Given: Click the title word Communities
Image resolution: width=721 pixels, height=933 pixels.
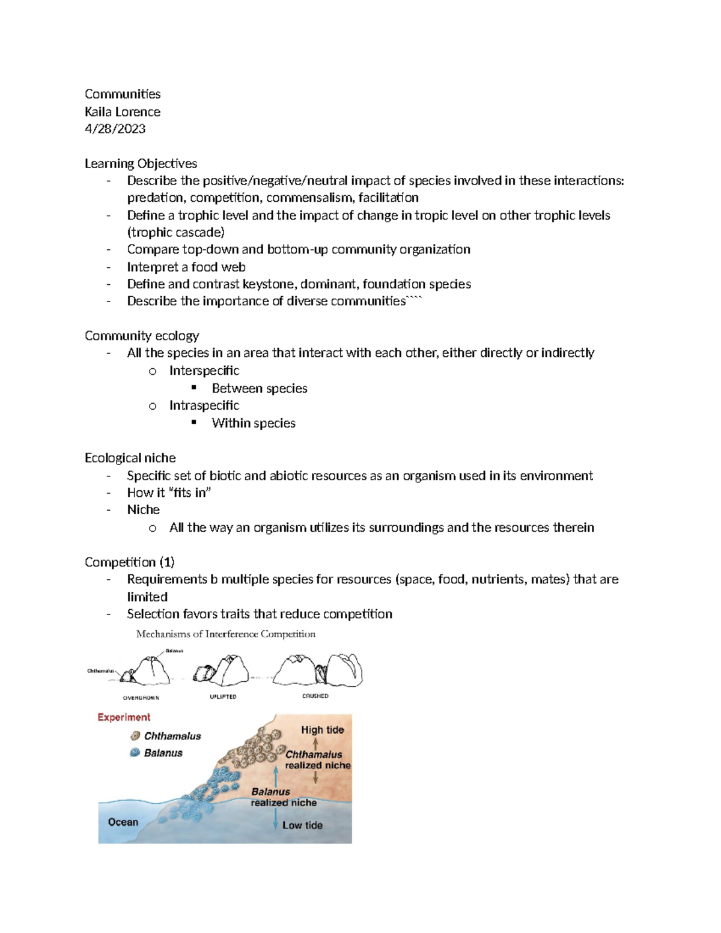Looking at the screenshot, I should pos(123,94).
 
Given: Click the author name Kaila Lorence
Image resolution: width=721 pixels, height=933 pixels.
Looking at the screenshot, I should pos(123,112).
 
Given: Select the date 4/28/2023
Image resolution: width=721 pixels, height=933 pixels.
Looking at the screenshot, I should pos(115,129).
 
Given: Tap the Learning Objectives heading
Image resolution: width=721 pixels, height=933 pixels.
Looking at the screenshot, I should pos(141,163).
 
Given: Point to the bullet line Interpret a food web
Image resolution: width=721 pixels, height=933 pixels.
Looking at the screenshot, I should pos(186,267).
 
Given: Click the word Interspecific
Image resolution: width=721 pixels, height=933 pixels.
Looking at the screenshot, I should pos(204,371).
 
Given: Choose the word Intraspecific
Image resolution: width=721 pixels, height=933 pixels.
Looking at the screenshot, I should pos(204,406).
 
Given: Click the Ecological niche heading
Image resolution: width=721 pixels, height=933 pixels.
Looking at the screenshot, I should pos(130,458).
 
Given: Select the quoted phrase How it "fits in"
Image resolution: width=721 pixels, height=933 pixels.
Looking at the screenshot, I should pos(169,493).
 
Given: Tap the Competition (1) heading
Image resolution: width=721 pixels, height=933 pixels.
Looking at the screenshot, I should pos(130,562).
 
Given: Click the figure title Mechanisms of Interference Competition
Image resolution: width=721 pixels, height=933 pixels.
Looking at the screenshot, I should pos(226,634).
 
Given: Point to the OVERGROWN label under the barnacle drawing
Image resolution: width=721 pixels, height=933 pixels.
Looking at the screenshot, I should pos(141,698).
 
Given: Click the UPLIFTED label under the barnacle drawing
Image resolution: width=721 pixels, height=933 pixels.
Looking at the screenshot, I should pos(223,697).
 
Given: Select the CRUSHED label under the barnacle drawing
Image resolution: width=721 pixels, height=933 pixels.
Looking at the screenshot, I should pos(315,696).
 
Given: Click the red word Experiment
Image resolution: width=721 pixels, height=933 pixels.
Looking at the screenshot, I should pos(124,717).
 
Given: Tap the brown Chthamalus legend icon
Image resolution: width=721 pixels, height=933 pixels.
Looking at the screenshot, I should pos(135,736).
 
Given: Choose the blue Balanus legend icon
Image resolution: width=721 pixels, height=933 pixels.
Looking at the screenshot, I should pos(135,753).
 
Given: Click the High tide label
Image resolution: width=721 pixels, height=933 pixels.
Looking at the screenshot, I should pos(323,730).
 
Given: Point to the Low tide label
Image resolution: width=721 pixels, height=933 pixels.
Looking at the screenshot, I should pos(302,825).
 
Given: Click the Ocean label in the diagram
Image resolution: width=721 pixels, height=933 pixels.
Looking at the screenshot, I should pos(123,822).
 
